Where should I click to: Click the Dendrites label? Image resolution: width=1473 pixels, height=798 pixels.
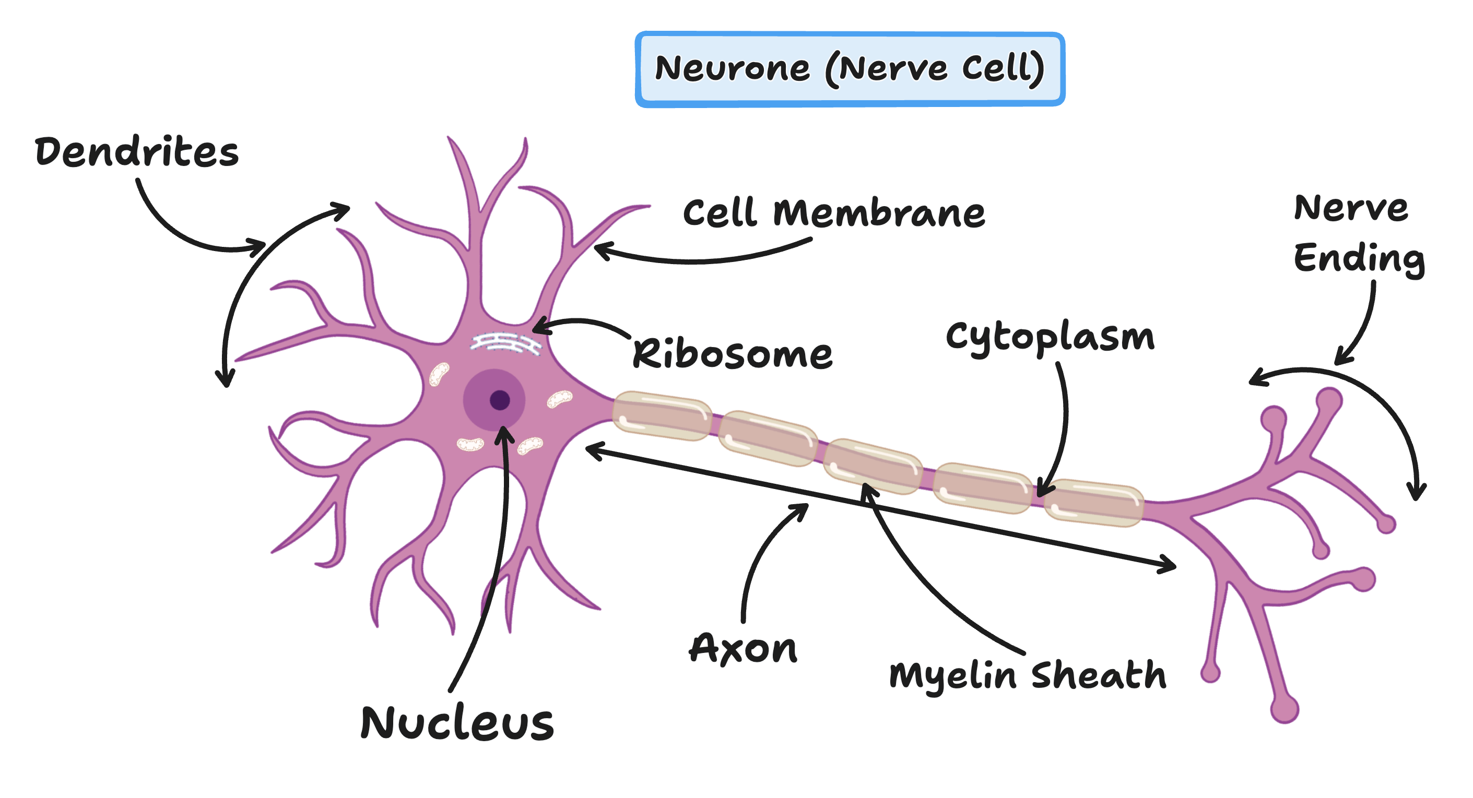136,152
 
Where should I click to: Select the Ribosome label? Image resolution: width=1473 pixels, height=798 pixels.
732,354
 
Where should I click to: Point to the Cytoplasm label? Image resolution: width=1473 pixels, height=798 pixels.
1050,337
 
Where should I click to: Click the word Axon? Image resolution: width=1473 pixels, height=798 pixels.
743,649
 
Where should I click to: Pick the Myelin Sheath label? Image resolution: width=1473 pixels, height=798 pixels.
1028,676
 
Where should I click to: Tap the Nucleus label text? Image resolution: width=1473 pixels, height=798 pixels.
457,723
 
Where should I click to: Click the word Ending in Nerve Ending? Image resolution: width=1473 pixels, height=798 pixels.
1359,258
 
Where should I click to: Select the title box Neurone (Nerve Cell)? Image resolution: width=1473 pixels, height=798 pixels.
850,68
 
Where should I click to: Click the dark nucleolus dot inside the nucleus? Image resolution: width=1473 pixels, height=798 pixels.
500,400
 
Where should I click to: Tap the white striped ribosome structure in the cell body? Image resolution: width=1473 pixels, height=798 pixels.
505,344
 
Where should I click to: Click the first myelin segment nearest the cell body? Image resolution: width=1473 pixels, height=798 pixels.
662,415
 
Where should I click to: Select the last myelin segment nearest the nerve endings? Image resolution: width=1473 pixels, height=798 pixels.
1093,503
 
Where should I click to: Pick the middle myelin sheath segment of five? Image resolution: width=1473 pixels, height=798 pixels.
873,466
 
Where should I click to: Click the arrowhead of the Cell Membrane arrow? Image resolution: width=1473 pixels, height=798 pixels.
598,249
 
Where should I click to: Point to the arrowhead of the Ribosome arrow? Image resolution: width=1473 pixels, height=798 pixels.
536,328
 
